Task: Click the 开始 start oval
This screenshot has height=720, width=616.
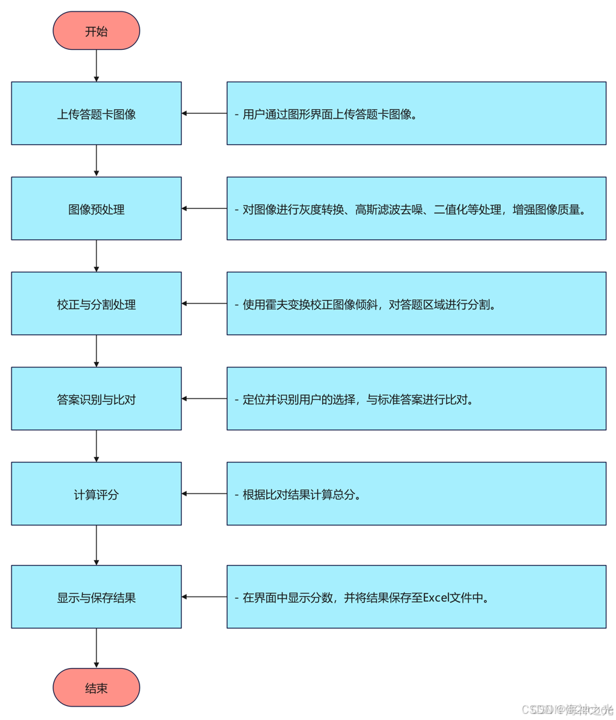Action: pyautogui.click(x=96, y=31)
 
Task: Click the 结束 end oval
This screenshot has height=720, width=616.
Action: pyautogui.click(x=96, y=688)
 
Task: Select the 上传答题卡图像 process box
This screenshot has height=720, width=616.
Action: pyautogui.click(x=96, y=114)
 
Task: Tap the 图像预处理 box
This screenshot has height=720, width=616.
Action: pyautogui.click(x=96, y=209)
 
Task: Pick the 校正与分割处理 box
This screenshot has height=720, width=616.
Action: pyautogui.click(x=96, y=304)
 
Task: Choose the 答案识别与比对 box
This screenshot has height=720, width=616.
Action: pyautogui.click(x=96, y=399)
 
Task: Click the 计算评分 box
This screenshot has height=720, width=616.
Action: pyautogui.click(x=96, y=494)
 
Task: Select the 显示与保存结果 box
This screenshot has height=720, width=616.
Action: pyautogui.click(x=96, y=597)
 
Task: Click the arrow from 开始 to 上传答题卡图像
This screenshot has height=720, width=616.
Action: pyautogui.click(x=96, y=65)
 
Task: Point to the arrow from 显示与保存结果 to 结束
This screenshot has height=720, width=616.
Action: pyautogui.click(x=96, y=648)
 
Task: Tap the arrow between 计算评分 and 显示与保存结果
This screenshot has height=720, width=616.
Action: pyautogui.click(x=96, y=545)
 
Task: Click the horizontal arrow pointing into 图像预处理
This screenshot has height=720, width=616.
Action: pyautogui.click(x=204, y=209)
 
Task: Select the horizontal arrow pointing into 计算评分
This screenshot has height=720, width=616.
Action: pyautogui.click(x=204, y=494)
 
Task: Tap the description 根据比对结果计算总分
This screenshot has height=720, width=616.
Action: pyautogui.click(x=302, y=495)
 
